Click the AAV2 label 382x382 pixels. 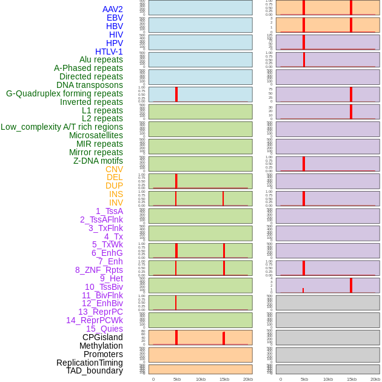113,9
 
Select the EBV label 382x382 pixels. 115,18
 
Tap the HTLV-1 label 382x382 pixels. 109,52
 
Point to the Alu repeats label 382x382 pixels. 101,59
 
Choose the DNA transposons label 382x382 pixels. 90,85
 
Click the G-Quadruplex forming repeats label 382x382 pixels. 64,93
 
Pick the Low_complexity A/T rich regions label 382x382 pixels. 62,127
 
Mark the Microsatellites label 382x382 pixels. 96,135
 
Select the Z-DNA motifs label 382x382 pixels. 98,161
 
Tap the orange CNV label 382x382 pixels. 114,169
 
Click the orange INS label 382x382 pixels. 116,194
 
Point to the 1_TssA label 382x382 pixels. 109,211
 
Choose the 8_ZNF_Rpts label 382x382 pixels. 99,270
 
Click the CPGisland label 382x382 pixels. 102,337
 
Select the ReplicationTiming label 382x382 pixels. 90,363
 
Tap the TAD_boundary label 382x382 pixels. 95,370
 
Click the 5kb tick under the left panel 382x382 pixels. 177,379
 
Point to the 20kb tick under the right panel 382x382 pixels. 375,379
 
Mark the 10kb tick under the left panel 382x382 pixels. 201,379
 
